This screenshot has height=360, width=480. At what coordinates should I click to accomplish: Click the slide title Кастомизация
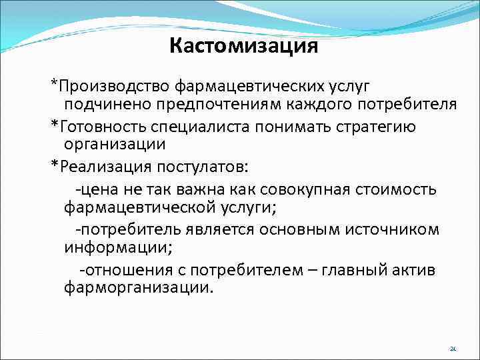(243, 46)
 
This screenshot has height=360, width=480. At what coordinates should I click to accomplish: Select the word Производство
(114, 86)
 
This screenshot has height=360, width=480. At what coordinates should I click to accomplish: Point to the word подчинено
(104, 105)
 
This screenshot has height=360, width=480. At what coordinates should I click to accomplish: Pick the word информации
(116, 249)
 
